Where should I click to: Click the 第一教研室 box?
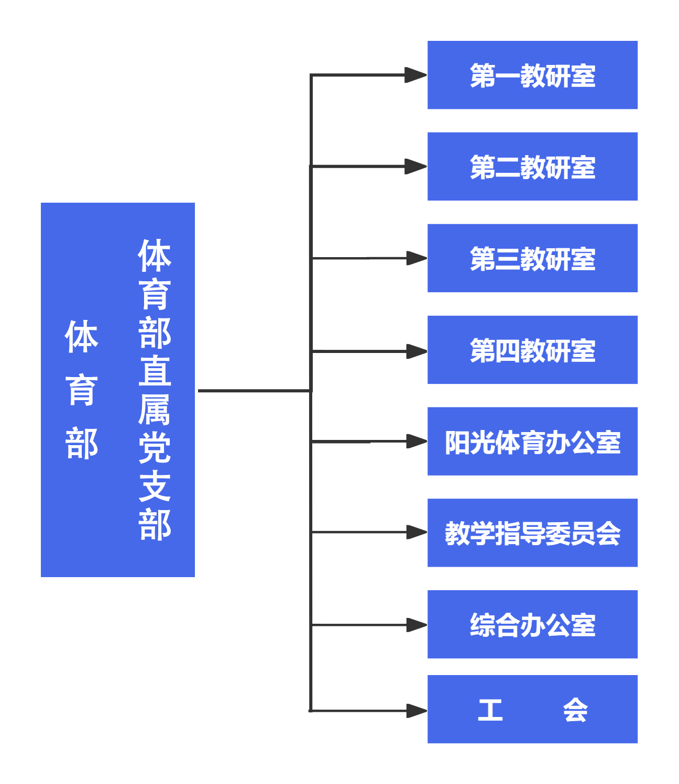tap(532, 75)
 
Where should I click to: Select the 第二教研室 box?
tap(532, 167)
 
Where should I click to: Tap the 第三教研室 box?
tap(532, 258)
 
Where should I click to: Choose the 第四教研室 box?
tap(532, 350)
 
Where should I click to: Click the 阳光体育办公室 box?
tap(532, 441)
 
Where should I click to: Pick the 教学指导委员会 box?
tap(532, 533)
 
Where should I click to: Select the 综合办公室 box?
tap(532, 624)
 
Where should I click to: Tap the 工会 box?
tap(532, 710)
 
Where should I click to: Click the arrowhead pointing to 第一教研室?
tap(417, 75)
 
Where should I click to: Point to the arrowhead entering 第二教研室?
tap(417, 167)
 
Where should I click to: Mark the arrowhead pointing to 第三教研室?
tap(417, 258)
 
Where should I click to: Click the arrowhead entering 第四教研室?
tap(417, 351)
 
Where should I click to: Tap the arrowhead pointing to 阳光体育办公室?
tap(417, 442)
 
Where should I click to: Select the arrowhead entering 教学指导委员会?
tap(417, 533)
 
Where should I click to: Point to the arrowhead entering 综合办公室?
tap(417, 625)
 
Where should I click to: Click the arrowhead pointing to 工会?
tap(417, 711)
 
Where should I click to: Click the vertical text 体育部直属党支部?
tap(155, 390)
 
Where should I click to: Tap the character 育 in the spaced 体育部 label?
tap(82, 390)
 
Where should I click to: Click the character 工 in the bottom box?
tap(490, 710)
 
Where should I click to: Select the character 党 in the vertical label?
tap(155, 448)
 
